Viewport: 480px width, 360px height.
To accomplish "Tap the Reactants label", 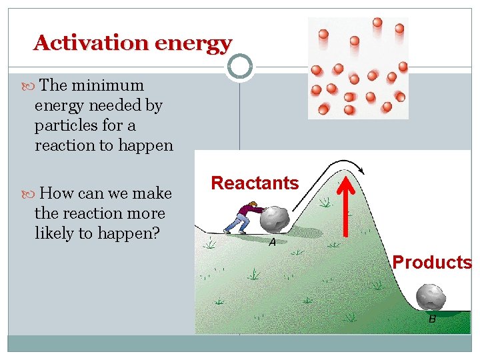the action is (255, 183).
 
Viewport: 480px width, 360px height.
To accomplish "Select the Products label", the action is (432, 262).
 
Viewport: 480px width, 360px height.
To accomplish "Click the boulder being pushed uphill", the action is (274, 219).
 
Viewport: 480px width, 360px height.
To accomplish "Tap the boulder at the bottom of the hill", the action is (431, 297).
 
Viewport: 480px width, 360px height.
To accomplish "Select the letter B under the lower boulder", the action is (432, 319).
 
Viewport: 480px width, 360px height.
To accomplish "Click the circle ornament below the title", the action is (239, 66).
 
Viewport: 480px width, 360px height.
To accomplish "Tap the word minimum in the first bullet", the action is (108, 85).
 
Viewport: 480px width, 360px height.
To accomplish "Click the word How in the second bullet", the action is (57, 193).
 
